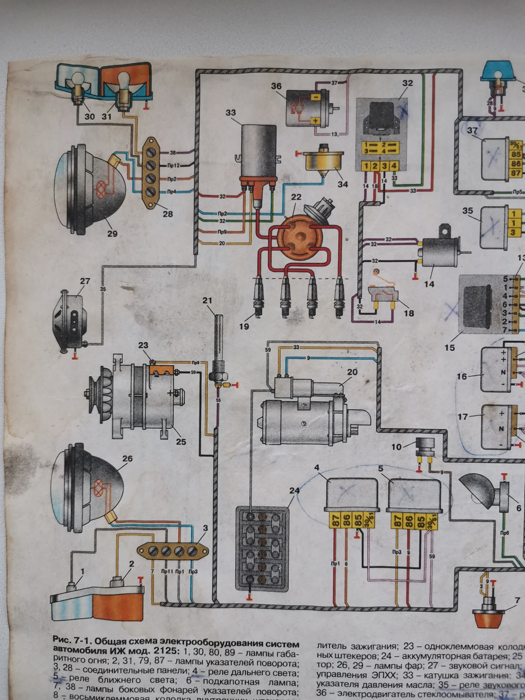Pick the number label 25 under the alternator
pos(181,442)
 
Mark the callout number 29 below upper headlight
pos(112,233)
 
